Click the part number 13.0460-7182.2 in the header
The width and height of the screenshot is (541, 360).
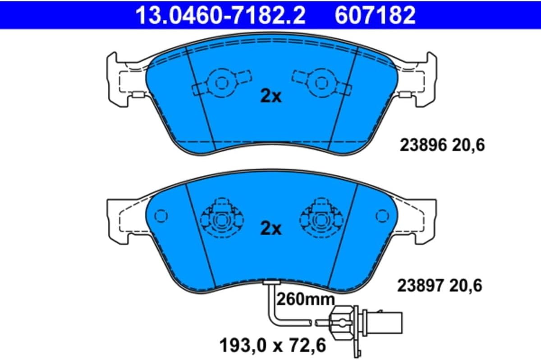point(220,15)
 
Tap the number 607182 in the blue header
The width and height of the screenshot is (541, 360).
point(375,15)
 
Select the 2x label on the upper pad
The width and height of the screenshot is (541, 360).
point(271,96)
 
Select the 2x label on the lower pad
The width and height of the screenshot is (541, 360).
point(271,228)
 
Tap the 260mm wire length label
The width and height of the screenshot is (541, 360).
point(306,299)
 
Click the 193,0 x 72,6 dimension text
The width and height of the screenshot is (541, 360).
point(273,345)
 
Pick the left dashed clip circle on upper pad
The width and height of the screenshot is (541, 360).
point(221,83)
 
